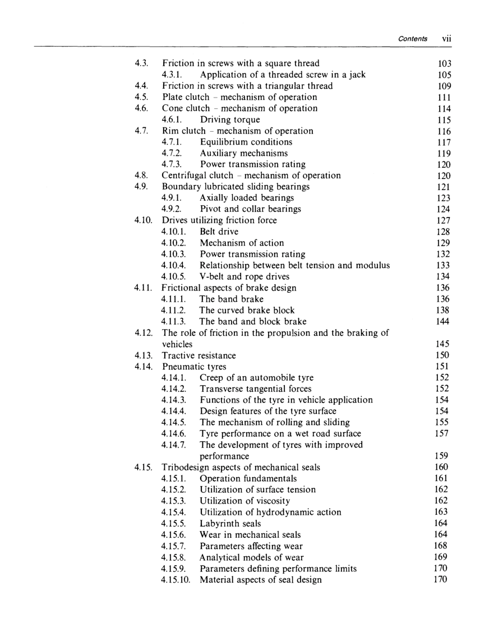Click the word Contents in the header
point(413,39)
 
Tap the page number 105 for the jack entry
point(444,75)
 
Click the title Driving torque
point(230,119)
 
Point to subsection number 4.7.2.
point(172,153)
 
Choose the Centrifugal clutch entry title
point(251,176)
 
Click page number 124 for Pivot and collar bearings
point(444,209)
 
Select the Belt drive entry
point(219,232)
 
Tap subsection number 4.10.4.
point(173,265)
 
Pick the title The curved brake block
point(247,310)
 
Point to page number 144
point(444,321)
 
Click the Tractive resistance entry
point(199,355)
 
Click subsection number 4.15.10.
point(176,580)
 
